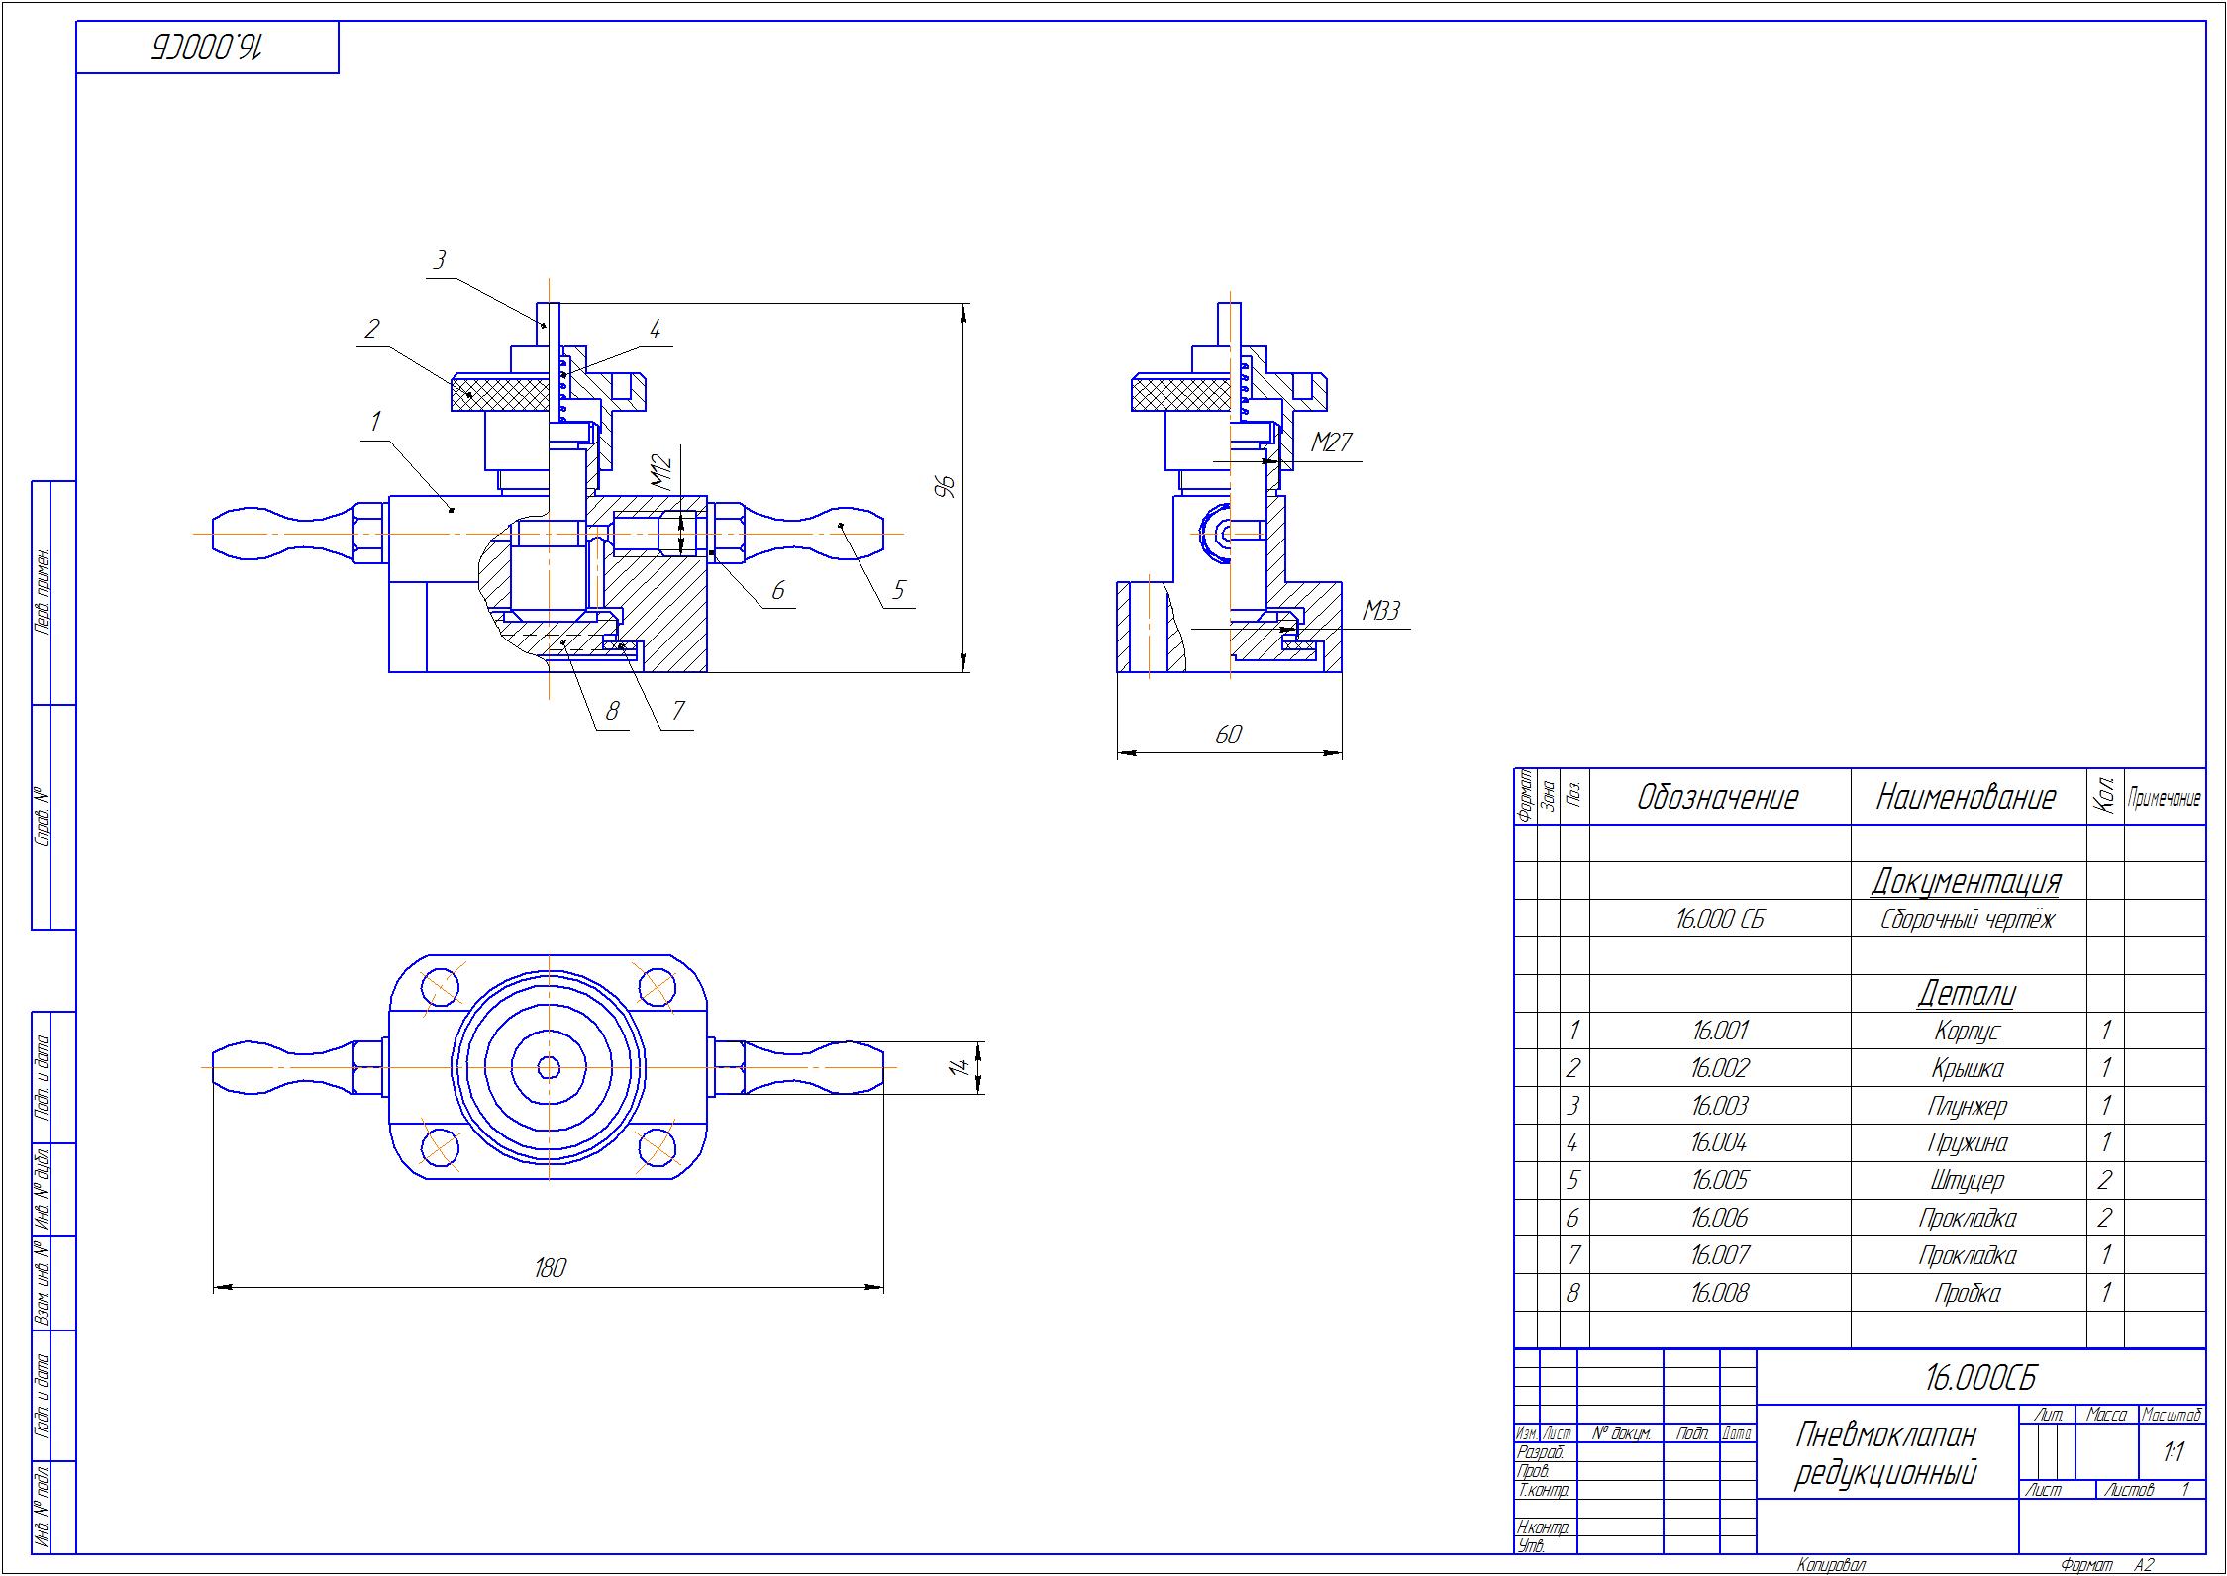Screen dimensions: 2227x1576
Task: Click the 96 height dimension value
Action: pos(948,487)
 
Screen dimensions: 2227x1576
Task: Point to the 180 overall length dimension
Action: pos(550,1267)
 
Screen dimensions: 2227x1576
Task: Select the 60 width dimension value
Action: pos(1228,735)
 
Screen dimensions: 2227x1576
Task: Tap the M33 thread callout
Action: pos(1381,612)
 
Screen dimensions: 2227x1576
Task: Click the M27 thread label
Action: pos(1331,443)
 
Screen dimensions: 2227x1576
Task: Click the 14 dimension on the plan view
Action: pos(958,1067)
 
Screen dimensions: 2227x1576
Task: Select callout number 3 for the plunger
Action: pos(440,260)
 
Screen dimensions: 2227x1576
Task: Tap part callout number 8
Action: pos(612,711)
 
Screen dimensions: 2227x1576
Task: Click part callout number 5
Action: pos(898,590)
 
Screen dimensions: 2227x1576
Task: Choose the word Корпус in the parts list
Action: pos(1967,1032)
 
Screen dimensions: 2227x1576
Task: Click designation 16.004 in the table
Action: pos(1719,1143)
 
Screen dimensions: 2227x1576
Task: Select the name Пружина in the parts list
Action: pos(1967,1143)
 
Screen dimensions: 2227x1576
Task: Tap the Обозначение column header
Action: pos(1718,797)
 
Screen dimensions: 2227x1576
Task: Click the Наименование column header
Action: pos(1966,797)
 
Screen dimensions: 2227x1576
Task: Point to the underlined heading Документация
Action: pos(1966,880)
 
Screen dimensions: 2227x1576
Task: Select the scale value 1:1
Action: pos(2174,1452)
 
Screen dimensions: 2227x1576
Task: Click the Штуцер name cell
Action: pos(1967,1181)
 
